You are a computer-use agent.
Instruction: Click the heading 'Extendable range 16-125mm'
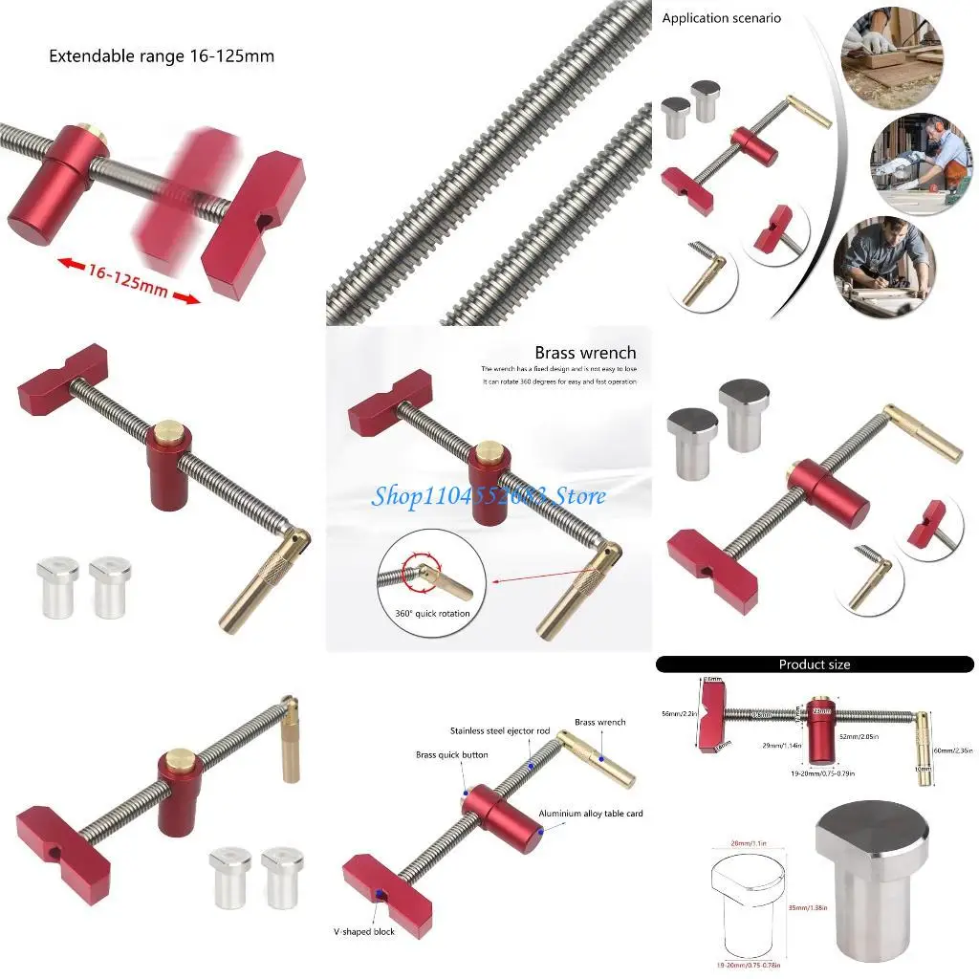[x=162, y=56]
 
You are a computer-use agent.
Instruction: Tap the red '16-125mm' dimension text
[x=129, y=278]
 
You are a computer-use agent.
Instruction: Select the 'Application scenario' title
[x=722, y=18]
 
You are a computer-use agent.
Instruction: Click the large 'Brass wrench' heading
[x=585, y=353]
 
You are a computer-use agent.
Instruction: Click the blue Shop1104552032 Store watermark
[x=489, y=495]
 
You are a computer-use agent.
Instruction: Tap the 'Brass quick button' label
[x=451, y=755]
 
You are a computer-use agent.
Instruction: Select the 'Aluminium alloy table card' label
[x=591, y=814]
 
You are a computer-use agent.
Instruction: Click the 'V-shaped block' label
[x=363, y=931]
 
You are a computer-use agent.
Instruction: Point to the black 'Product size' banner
[x=814, y=664]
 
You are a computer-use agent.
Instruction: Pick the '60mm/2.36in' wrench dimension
[x=950, y=751]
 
